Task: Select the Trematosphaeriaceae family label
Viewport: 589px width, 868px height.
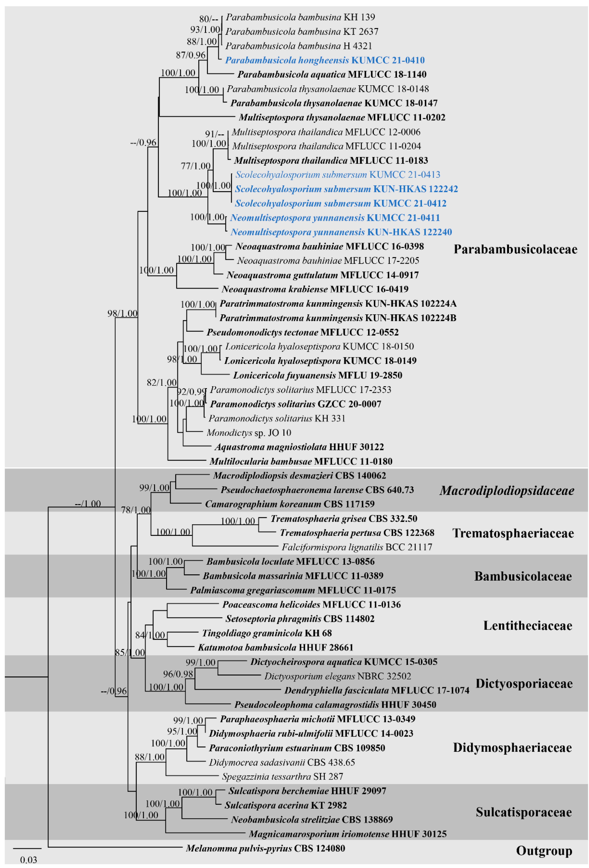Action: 513,533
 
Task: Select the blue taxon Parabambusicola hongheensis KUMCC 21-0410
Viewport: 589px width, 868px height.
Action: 325,60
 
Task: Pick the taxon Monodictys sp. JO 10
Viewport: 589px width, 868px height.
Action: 249,433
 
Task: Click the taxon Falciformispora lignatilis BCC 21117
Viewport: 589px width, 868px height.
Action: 357,547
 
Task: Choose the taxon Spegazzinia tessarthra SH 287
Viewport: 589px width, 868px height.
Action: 282,776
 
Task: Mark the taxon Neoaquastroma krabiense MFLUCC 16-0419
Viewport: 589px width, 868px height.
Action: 315,289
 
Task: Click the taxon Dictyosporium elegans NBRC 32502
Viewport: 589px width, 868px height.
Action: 338,676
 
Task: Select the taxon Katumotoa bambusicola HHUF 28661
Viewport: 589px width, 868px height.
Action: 275,647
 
